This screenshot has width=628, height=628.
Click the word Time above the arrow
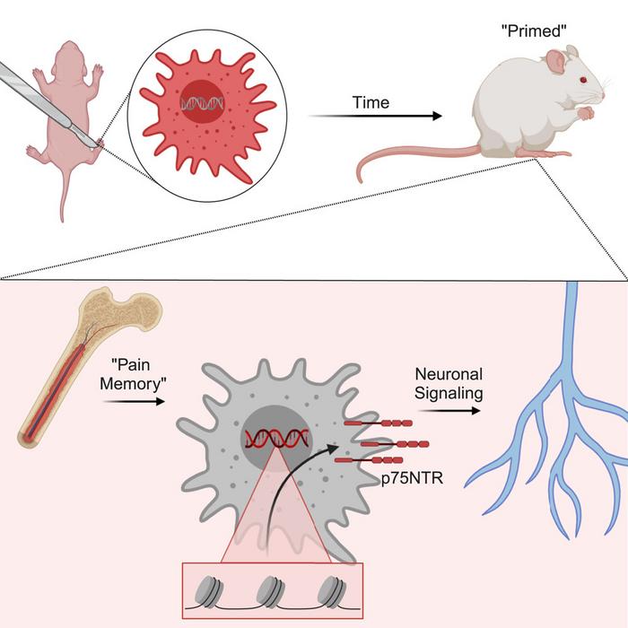(x=371, y=102)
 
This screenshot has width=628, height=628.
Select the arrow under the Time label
(x=375, y=117)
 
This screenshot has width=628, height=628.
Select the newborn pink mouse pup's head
(x=65, y=53)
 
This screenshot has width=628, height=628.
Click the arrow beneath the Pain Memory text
(x=135, y=403)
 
